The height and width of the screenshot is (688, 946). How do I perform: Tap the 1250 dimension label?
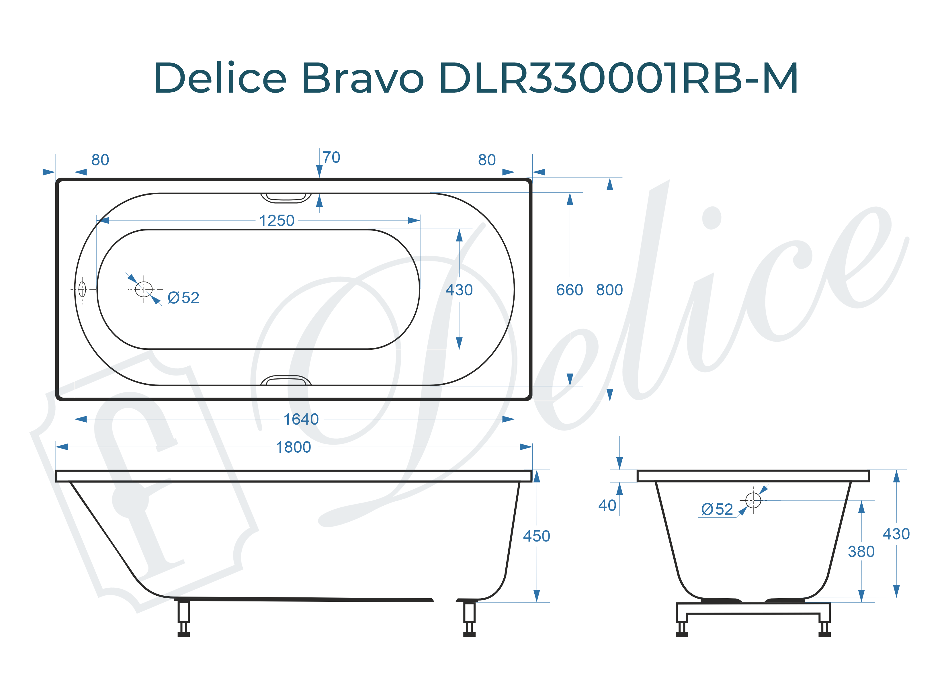pos(277,221)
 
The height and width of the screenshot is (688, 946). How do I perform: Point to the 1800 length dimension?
pos(293,447)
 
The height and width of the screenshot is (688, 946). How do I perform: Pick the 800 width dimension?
pos(609,290)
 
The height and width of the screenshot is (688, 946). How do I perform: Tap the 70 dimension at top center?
pos(331,158)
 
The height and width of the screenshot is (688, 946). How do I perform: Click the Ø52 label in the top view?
pos(183,298)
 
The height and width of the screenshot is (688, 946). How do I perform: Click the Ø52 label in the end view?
pos(717,509)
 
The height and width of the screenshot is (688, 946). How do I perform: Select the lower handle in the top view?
pos(286,380)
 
